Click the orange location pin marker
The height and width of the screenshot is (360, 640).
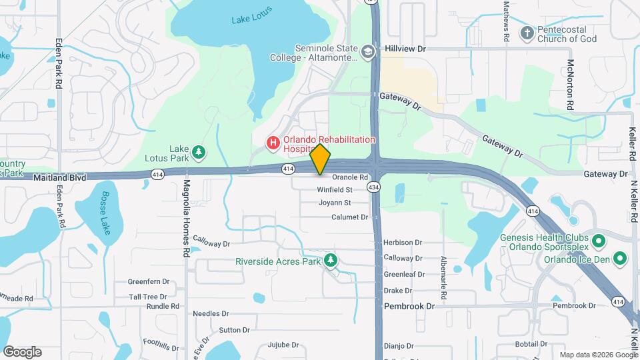pyautogui.click(x=321, y=159)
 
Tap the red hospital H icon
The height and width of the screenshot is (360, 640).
pyautogui.click(x=273, y=142)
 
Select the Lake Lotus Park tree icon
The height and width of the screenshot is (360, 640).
pyautogui.click(x=199, y=153)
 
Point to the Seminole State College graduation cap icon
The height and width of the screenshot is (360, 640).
pyautogui.click(x=367, y=51)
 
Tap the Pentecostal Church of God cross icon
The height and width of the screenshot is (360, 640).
pyautogui.click(x=527, y=32)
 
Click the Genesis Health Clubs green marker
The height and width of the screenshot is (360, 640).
pyautogui.click(x=598, y=240)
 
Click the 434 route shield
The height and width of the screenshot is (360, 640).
pyautogui.click(x=376, y=188)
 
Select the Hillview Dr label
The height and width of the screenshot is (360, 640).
pyautogui.click(x=405, y=49)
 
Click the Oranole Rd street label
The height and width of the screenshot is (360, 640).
pyautogui.click(x=350, y=177)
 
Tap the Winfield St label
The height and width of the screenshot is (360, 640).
pyautogui.click(x=334, y=190)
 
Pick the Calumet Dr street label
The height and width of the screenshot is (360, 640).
pyautogui.click(x=350, y=217)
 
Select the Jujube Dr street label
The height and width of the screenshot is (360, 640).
pyautogui.click(x=283, y=345)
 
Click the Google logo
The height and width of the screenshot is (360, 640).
pyautogui.click(x=22, y=351)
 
